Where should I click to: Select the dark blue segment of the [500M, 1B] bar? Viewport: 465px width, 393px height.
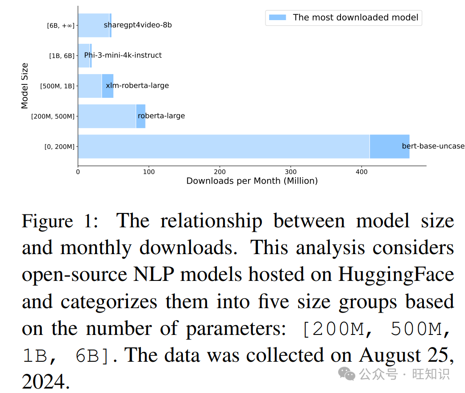click(108, 86)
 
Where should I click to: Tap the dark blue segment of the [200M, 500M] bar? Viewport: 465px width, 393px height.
click(141, 116)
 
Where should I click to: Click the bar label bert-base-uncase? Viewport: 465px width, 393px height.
click(433, 146)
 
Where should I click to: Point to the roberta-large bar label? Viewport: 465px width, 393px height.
click(161, 116)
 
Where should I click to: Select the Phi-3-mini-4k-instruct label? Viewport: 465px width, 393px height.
click(123, 55)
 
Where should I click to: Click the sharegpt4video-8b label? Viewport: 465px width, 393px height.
click(137, 25)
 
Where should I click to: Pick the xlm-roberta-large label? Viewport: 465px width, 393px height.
click(137, 86)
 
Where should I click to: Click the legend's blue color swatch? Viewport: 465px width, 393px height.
click(277, 18)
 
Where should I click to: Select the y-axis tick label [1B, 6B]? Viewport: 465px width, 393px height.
click(62, 56)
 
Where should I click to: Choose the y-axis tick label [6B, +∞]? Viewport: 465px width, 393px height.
click(61, 26)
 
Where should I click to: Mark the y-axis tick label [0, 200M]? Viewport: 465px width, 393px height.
click(59, 147)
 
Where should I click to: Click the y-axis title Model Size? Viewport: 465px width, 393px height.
click(25, 86)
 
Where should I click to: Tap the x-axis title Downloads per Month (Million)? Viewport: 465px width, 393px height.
click(252, 181)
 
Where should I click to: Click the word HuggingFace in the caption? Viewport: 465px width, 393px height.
click(396, 275)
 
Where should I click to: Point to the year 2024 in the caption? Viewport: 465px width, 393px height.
click(46, 382)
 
